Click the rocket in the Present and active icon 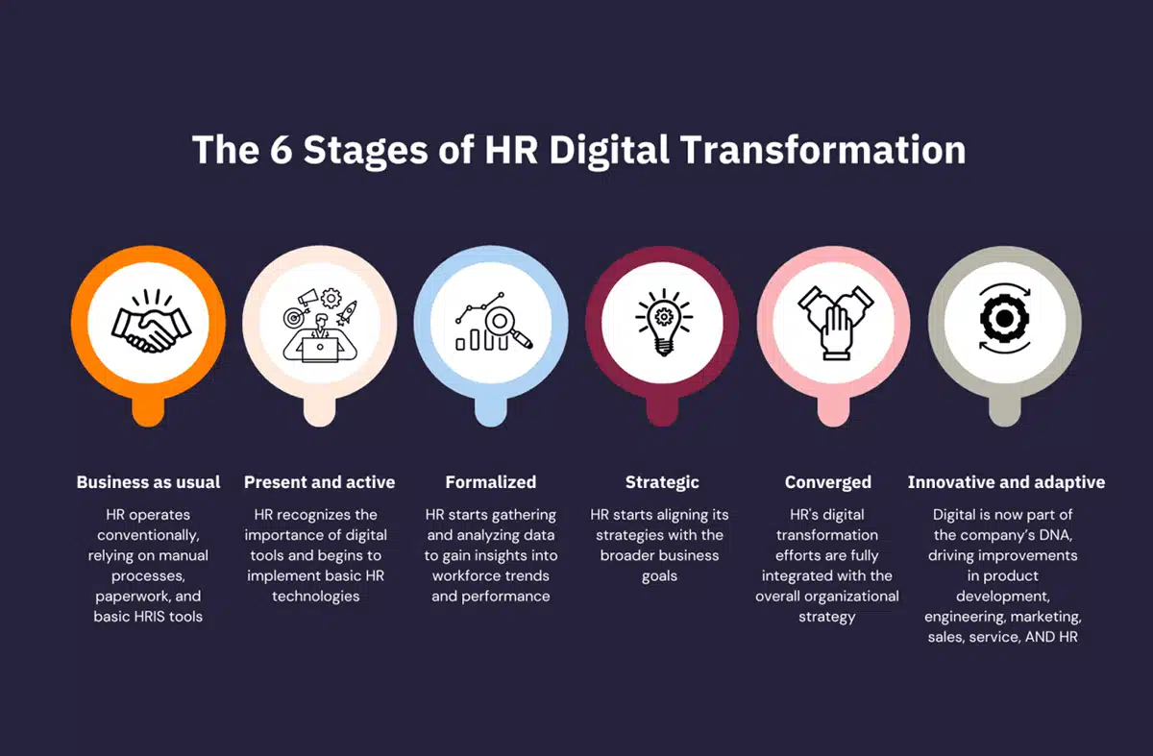348,309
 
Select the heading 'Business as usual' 149,482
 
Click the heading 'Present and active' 319,482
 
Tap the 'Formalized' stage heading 491,482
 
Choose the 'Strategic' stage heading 662,482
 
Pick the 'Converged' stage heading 827,482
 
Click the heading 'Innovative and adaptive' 1006,482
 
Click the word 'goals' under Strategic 659,576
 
